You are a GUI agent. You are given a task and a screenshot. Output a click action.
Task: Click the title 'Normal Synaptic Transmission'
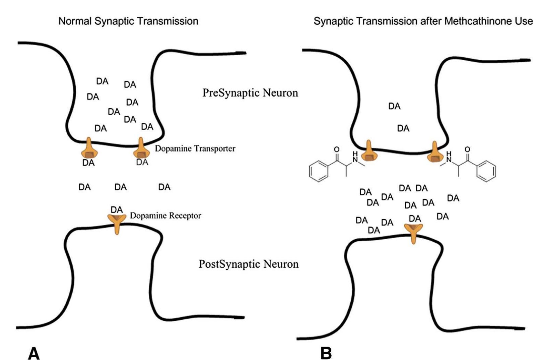click(128, 21)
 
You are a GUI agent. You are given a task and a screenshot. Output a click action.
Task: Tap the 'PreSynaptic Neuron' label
click(250, 93)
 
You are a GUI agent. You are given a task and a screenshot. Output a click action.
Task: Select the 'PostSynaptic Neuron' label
click(249, 264)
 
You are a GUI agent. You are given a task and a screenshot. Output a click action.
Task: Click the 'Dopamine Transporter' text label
click(195, 148)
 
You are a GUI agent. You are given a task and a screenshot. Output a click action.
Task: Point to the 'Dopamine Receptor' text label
click(165, 216)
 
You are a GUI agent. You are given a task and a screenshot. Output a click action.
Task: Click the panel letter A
click(34, 353)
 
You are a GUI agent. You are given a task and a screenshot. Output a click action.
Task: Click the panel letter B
click(326, 353)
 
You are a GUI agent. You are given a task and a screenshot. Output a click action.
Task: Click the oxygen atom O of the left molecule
click(337, 149)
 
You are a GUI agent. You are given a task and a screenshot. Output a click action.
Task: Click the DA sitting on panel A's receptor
click(117, 210)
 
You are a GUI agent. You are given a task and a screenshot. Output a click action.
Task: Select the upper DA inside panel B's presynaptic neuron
click(394, 106)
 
